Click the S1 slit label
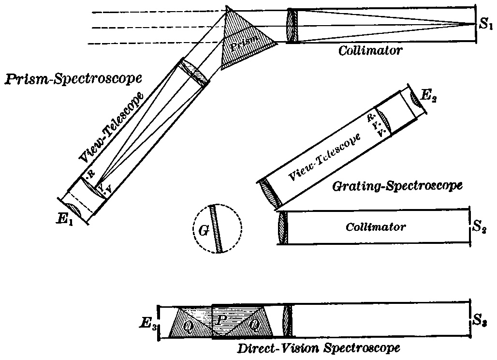click(485, 25)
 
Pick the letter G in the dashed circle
click(204, 231)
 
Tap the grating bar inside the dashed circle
click(216, 228)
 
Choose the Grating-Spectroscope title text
click(398, 185)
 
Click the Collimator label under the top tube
click(370, 50)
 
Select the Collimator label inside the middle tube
click(375, 226)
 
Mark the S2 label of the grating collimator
click(480, 225)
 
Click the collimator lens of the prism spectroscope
click(291, 25)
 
